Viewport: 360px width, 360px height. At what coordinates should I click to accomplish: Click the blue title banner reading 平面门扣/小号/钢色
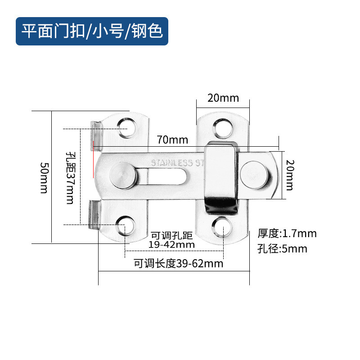(x=92, y=31)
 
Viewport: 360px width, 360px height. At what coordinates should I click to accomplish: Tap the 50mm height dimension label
(x=43, y=177)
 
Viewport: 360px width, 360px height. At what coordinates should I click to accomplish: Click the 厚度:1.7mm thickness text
(x=287, y=233)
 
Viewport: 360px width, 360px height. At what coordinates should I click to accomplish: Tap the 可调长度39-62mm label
(x=178, y=264)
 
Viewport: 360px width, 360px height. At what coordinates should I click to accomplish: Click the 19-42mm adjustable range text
(x=171, y=245)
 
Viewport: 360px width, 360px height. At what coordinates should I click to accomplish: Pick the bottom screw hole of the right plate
(x=223, y=228)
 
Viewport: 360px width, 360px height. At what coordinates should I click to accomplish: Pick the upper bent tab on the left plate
(x=94, y=135)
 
